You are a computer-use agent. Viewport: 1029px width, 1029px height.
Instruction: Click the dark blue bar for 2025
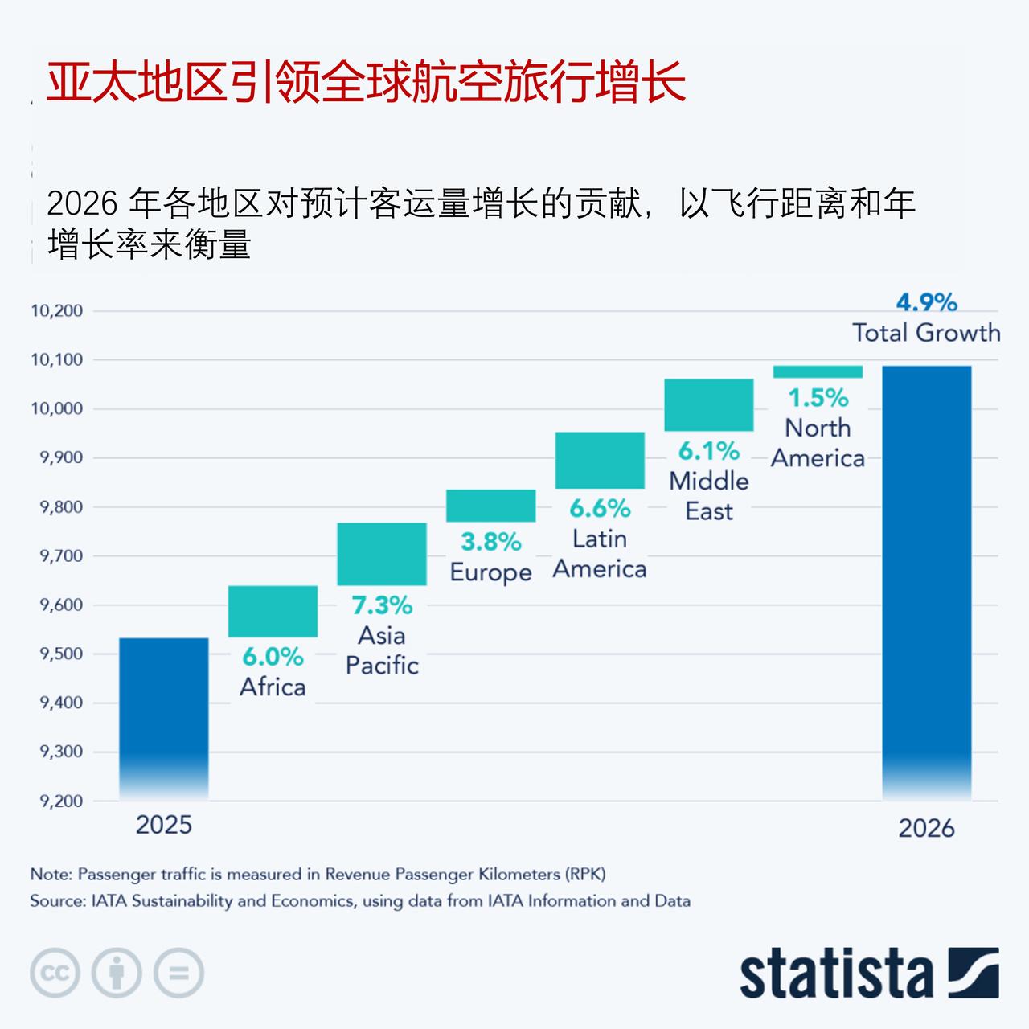tap(164, 715)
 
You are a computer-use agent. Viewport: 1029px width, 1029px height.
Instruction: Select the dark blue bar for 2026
tap(926, 579)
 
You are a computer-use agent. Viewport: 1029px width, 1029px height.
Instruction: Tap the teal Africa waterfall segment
tap(273, 611)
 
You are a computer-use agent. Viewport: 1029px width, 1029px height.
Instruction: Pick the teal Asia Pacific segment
tap(382, 554)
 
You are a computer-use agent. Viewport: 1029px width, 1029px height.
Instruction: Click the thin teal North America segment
tap(818, 371)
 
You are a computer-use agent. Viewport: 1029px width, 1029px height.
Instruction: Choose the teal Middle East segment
tap(709, 404)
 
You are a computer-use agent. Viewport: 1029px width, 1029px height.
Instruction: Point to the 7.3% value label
tap(382, 605)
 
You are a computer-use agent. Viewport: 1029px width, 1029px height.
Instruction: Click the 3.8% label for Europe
tap(490, 542)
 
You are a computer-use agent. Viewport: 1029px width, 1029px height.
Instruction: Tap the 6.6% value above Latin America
tap(600, 508)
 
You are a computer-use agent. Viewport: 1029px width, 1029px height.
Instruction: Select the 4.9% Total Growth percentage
tap(926, 302)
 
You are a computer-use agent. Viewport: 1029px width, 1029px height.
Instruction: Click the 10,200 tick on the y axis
tap(57, 311)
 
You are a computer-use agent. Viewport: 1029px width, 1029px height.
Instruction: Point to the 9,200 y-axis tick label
tap(61, 801)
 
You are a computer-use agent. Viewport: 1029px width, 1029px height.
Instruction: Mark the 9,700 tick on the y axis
tap(61, 555)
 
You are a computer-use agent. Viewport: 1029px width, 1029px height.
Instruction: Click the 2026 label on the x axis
tap(926, 828)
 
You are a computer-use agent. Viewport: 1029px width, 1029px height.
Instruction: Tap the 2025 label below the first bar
tap(164, 825)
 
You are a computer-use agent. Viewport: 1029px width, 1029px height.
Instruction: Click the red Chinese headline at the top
tap(366, 82)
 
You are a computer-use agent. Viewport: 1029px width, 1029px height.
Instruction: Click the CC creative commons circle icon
tap(55, 974)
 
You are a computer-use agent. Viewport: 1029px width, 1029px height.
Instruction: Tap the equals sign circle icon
tap(178, 974)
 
